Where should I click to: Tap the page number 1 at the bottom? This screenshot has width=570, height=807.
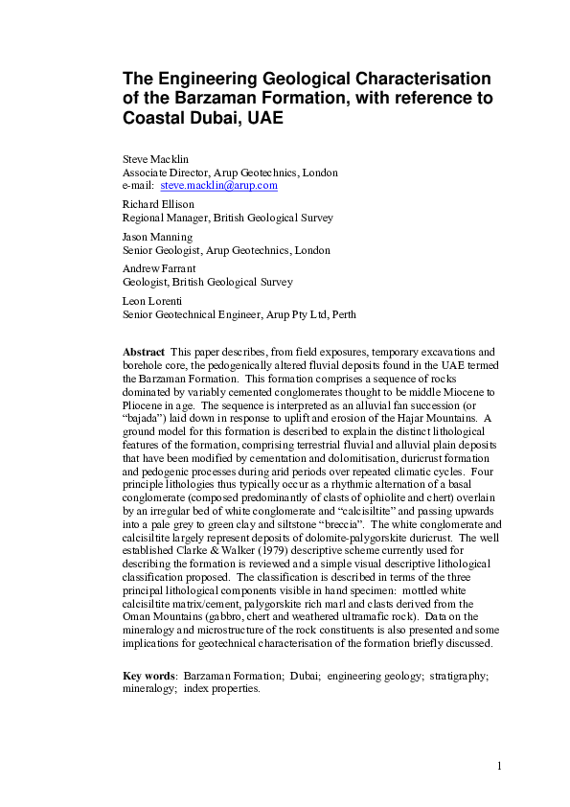[499, 765]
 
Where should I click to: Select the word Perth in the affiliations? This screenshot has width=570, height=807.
[339, 313]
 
